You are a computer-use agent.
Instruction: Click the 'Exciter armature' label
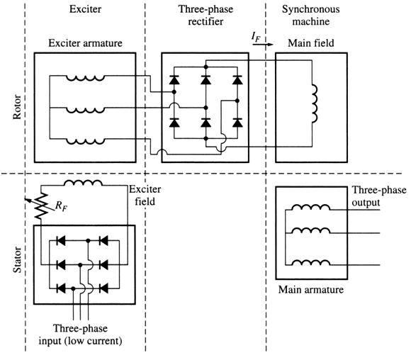[85, 44]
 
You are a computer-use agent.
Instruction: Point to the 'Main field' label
[310, 44]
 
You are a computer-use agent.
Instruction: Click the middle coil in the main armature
[313, 232]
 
